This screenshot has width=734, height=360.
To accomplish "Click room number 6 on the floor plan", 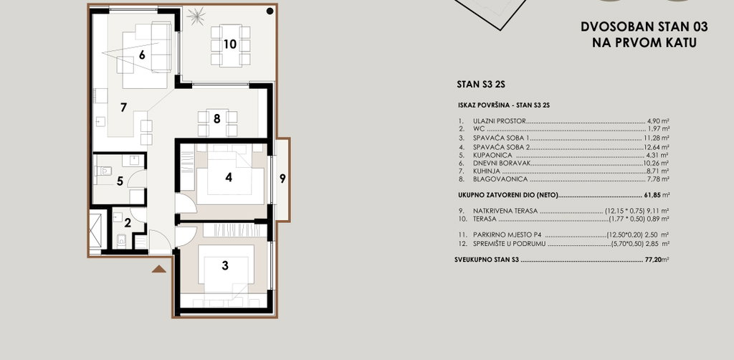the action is (142, 55).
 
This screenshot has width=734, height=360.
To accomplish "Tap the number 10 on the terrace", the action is (230, 44).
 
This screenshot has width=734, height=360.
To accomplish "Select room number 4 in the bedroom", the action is (229, 177).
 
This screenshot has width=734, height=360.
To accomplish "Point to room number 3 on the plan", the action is (225, 265).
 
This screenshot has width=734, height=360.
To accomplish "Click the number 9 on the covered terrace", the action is (282, 179).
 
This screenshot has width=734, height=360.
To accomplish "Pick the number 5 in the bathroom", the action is (120, 181).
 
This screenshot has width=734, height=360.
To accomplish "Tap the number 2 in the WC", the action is (128, 223).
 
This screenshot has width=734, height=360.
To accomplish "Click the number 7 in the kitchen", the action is (123, 108).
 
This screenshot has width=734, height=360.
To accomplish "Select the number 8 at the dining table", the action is (216, 118).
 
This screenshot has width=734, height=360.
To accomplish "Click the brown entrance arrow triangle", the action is (159, 269).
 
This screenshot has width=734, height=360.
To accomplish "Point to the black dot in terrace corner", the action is (270, 11).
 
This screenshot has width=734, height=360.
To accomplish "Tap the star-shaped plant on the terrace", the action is (196, 17).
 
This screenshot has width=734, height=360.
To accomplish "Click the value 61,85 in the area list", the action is (649, 195).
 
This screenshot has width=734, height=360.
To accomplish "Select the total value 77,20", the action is (652, 260).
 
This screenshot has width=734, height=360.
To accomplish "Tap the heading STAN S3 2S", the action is (480, 85).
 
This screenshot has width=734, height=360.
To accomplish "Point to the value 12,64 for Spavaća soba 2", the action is (652, 147).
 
